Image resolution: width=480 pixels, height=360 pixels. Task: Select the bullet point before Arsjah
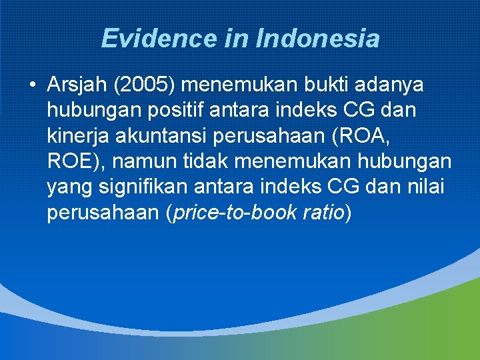[x=32, y=85]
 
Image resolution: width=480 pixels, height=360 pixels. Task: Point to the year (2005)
[x=145, y=85]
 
